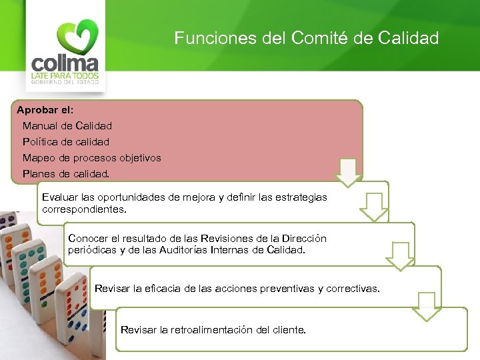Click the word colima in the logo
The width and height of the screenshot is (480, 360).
[65, 65]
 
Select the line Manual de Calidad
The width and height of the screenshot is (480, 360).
[67, 125]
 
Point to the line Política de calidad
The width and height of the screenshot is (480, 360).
[66, 141]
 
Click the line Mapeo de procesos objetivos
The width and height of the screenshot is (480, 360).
[92, 158]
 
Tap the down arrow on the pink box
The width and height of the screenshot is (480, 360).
[348, 173]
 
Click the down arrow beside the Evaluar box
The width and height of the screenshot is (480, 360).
[374, 207]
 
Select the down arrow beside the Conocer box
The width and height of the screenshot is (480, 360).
[400, 255]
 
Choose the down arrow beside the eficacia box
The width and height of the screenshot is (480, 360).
[427, 305]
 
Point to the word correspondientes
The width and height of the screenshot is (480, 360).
[84, 209]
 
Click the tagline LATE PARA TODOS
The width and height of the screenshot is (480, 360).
[65, 77]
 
